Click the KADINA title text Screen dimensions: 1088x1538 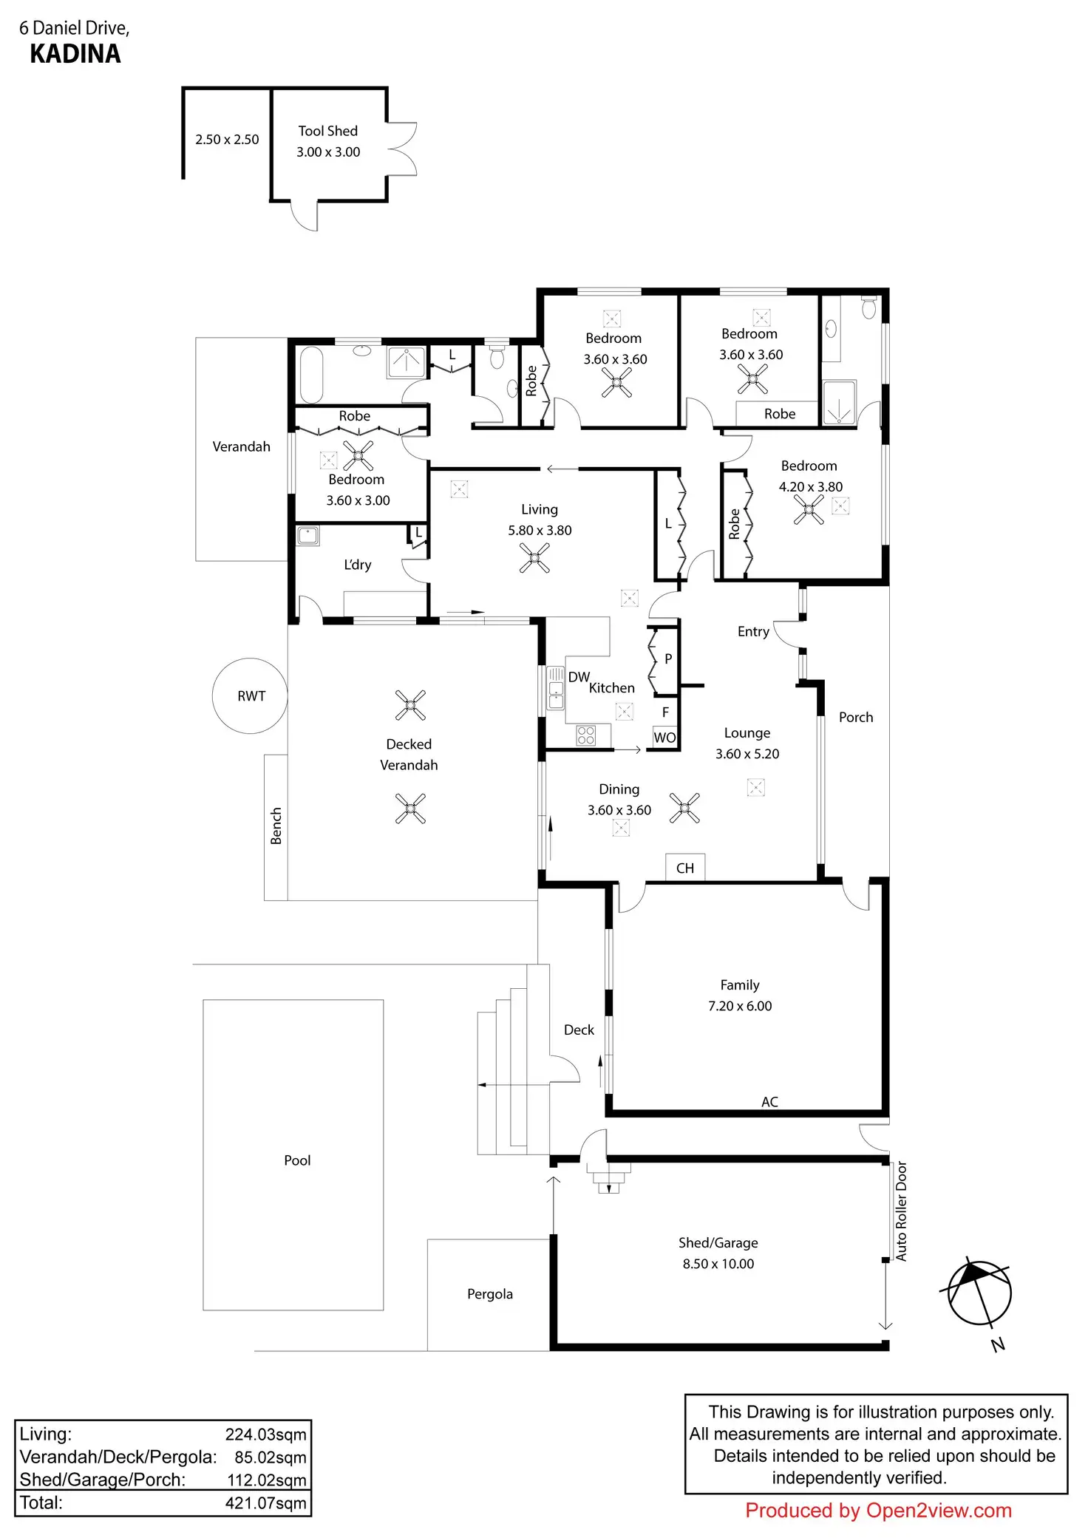(75, 54)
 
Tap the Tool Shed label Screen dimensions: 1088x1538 (327, 131)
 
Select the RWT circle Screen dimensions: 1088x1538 (250, 695)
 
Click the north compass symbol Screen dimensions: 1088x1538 (979, 1293)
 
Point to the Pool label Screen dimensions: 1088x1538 (297, 1160)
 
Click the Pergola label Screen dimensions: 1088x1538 (489, 1294)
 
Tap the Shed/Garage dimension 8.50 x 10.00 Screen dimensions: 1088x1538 (718, 1264)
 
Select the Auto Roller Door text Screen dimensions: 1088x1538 (901, 1211)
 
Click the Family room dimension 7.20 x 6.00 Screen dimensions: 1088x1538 (740, 1006)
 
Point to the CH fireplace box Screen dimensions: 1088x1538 (685, 868)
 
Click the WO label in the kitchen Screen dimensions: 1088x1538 (664, 738)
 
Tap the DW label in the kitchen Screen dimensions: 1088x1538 (579, 677)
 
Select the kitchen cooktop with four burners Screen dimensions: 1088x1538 (586, 735)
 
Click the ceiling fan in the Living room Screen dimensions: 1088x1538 (534, 558)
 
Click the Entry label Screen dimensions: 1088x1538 (753, 631)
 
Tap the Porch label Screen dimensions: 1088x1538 (856, 717)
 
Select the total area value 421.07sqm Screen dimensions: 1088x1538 (265, 1503)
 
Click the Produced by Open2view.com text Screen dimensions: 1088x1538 (878, 1511)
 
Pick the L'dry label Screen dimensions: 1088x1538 (358, 565)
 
